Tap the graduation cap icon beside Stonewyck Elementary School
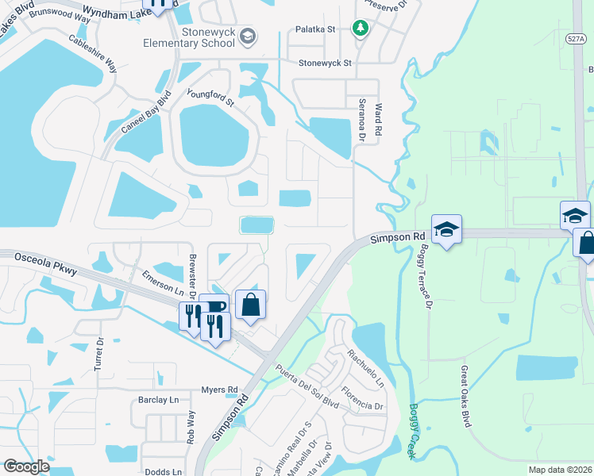pos(248,36)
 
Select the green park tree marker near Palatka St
pos(361,29)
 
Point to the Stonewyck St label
pos(325,63)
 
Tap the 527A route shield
pos(577,37)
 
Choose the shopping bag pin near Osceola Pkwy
pos(251,305)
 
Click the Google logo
pos(27,466)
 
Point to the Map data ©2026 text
pos(559,470)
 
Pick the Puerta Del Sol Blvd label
pos(307,388)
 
